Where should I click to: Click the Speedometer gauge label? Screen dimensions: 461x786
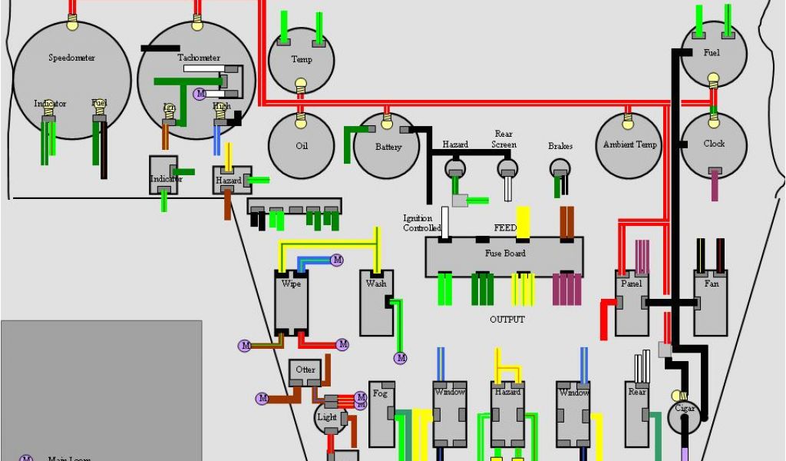(71, 58)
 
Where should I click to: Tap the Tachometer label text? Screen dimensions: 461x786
(199, 58)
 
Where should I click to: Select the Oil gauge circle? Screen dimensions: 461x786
(301, 146)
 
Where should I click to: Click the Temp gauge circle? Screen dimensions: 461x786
(301, 60)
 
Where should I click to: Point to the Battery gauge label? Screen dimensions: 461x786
(388, 147)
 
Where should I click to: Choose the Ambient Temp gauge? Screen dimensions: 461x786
(629, 144)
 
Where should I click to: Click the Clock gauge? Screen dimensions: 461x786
(714, 144)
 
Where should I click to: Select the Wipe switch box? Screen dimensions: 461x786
(291, 300)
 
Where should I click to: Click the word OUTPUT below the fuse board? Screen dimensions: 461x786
(507, 319)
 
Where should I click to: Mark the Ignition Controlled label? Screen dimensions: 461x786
(422, 223)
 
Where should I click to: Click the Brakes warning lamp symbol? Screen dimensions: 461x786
(560, 168)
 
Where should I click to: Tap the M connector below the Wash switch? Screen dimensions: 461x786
(401, 358)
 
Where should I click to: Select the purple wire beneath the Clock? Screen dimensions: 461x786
(715, 185)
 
